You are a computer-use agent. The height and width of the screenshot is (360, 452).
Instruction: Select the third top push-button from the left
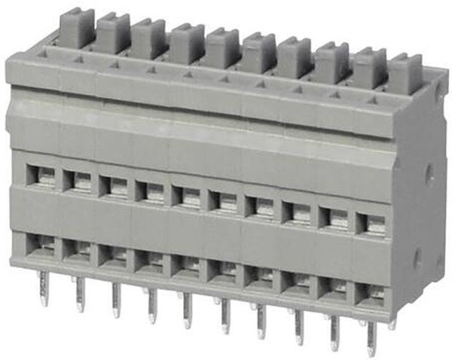pyautogui.click(x=149, y=38)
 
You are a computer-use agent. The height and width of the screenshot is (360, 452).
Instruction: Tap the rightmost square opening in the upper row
pyautogui.click(x=372, y=224)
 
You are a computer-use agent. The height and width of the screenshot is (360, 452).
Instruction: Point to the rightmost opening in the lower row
pyautogui.click(x=371, y=290)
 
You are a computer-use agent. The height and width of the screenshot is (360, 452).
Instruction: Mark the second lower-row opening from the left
pyautogui.click(x=77, y=248)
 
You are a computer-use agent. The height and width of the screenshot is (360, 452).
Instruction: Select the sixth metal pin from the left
pyautogui.click(x=224, y=316)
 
